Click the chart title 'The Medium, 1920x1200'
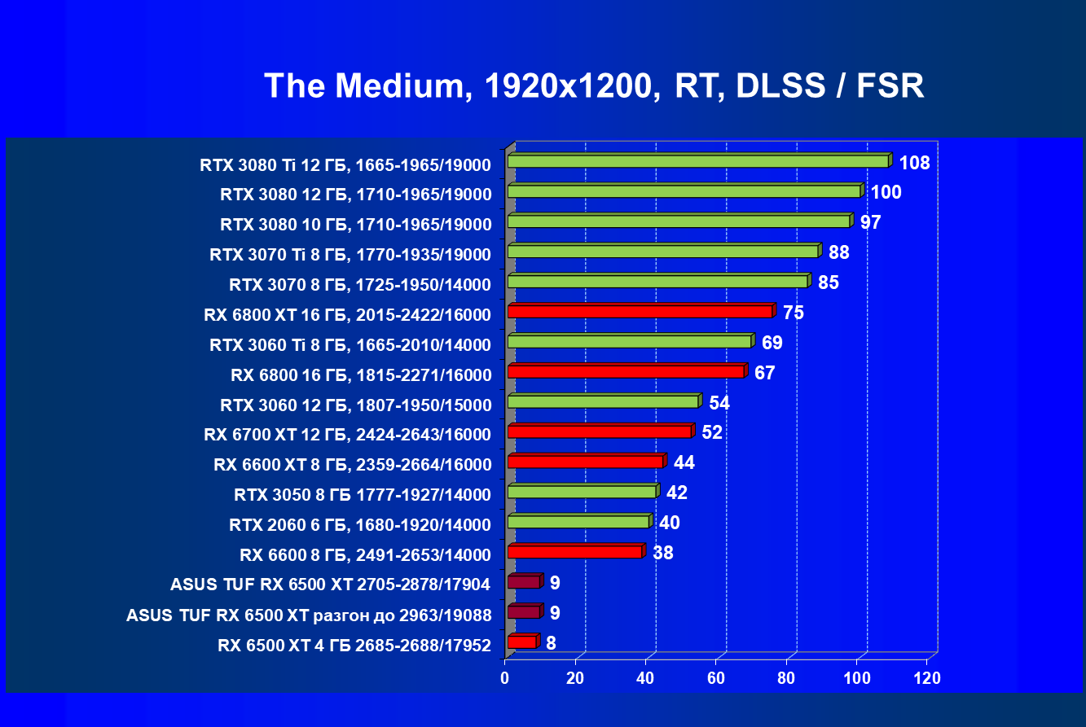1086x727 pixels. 594,85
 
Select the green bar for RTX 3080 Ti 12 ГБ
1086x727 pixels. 697,161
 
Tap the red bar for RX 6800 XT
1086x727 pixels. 640,311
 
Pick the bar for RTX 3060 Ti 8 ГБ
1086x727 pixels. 629,341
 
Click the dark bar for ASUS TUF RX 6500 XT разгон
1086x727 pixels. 523,611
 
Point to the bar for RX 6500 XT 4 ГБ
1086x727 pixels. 521,642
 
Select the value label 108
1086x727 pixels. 914,163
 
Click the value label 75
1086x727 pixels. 794,313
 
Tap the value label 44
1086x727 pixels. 684,462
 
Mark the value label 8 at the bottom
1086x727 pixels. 552,643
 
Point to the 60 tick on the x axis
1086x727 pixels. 716,678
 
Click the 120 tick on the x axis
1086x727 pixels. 927,678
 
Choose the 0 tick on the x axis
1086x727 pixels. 506,678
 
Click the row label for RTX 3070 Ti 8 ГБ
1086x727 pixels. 350,255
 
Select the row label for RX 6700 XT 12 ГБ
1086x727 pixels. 348,435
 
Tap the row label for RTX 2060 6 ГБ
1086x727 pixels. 361,525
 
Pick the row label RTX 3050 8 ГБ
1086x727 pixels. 363,495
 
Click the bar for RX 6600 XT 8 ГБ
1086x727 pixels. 586,462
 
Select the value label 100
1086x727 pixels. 886,193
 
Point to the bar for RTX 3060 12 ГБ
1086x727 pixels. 603,401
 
